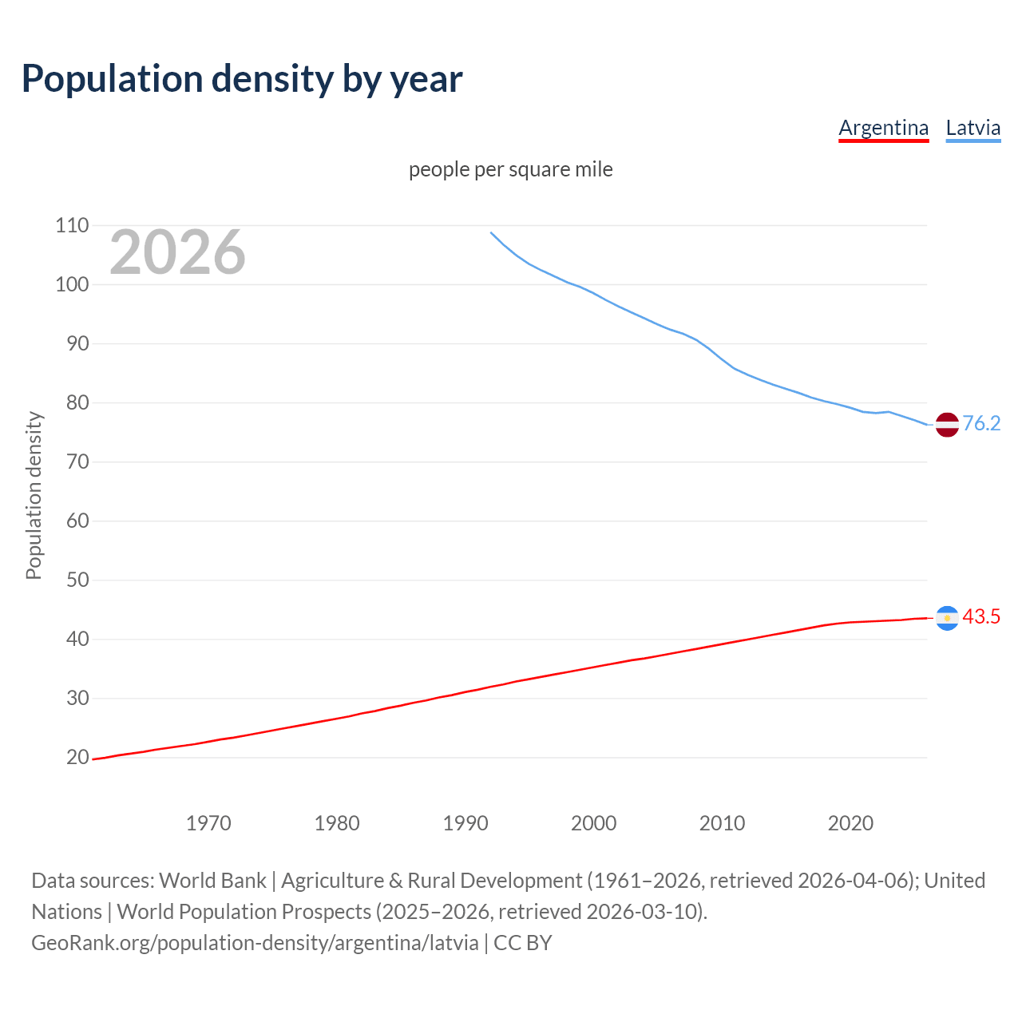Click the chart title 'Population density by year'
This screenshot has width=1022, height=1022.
(x=242, y=79)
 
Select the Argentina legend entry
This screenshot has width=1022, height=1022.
(x=883, y=128)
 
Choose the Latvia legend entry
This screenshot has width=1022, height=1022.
(x=972, y=128)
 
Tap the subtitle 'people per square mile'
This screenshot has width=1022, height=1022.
(x=510, y=169)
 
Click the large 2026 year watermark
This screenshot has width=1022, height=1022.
(x=177, y=252)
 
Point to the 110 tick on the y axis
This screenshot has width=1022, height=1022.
(x=72, y=225)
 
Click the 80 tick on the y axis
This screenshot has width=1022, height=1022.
(x=72, y=402)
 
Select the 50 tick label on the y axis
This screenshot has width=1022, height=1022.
(x=72, y=580)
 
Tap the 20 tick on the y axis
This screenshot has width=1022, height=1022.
(x=72, y=757)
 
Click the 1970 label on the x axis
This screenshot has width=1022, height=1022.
(x=208, y=823)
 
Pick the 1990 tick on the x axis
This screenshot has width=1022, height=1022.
(x=465, y=823)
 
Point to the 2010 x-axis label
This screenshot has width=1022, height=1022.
(x=722, y=823)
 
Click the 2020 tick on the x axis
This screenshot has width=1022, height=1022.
(x=850, y=823)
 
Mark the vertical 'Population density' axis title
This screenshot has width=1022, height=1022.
(x=34, y=495)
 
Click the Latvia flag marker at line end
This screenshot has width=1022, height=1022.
(x=947, y=425)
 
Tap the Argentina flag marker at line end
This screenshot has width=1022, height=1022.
(x=947, y=618)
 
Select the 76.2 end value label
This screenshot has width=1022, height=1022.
(x=981, y=423)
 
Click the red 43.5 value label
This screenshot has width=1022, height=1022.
(x=981, y=616)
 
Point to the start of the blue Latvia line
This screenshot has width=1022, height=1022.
(x=491, y=232)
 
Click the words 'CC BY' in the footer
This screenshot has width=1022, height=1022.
(x=522, y=943)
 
